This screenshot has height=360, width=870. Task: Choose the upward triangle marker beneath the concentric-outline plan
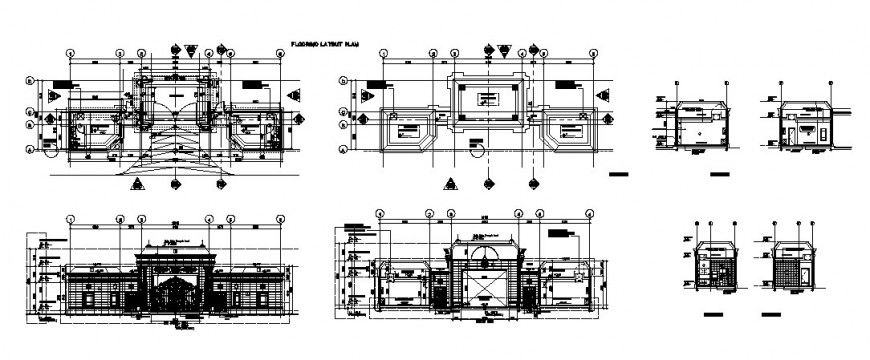point(452,183)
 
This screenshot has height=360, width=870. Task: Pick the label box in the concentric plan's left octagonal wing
point(406,131)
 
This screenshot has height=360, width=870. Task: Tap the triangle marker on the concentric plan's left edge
point(345,93)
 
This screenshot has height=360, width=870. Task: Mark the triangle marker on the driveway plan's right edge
point(296,93)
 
